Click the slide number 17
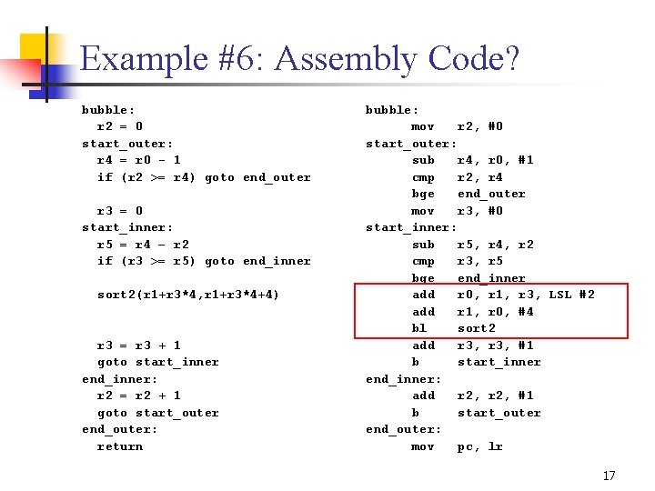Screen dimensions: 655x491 pos(609,476)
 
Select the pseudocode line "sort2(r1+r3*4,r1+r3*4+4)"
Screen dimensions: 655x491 pos(188,295)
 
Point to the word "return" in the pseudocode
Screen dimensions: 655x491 pos(120,446)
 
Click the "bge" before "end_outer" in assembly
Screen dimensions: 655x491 pos(423,194)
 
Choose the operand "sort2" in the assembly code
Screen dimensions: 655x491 pos(476,328)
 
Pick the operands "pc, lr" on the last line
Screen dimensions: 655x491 pos(479,446)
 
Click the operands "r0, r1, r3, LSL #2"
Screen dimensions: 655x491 pos(525,295)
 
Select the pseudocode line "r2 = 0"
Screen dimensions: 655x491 pos(120,126)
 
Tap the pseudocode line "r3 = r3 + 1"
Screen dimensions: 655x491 pos(138,346)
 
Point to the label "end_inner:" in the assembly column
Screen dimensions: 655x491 pos(404,379)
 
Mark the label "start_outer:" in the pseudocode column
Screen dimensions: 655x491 pos(127,144)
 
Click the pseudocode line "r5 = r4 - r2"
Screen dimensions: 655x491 pos(142,245)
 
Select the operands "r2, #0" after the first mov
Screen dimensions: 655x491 pos(479,126)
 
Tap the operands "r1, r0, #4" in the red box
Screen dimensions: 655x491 pos(495,312)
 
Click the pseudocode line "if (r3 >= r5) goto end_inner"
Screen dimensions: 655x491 pos(204,261)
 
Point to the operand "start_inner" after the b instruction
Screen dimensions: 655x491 pos(499,362)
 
